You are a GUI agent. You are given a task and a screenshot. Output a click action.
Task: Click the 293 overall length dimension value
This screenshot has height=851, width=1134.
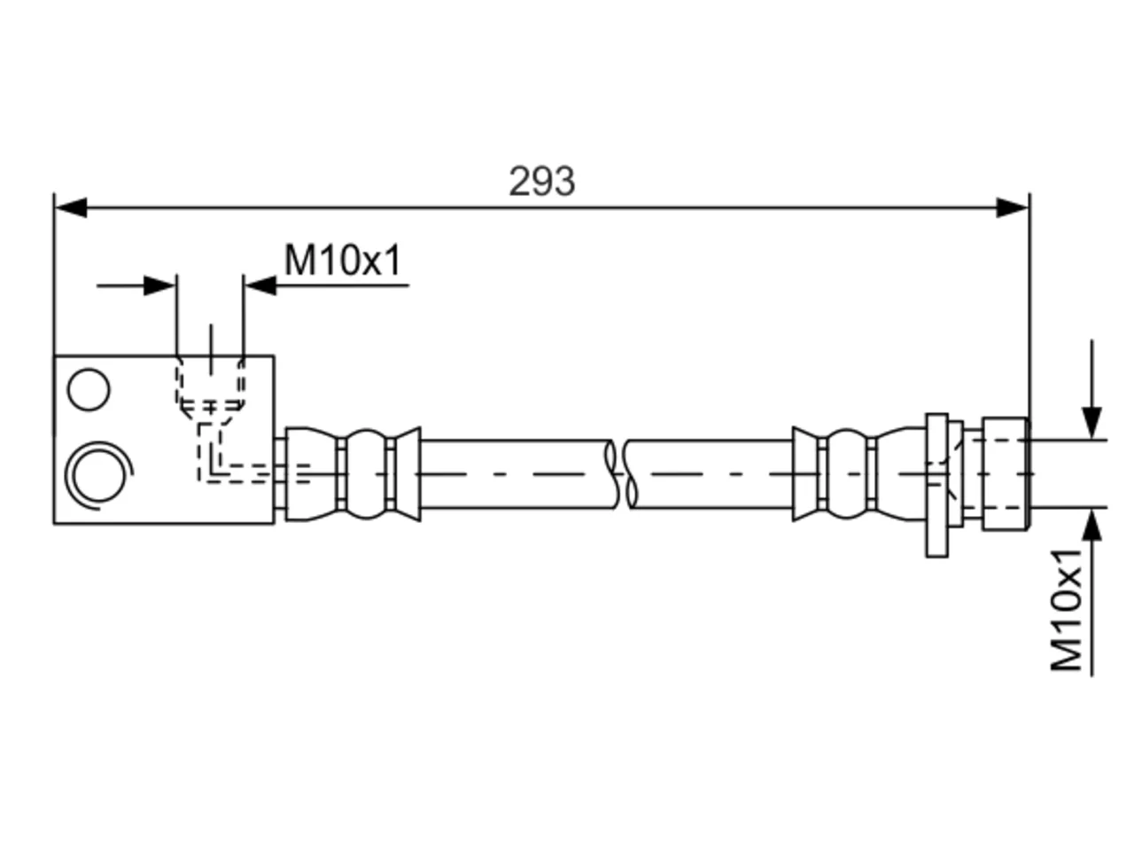click(x=541, y=182)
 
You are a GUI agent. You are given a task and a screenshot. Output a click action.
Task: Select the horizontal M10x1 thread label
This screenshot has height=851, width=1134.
click(x=343, y=260)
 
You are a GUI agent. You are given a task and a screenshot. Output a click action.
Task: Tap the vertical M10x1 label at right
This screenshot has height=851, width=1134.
click(x=1067, y=611)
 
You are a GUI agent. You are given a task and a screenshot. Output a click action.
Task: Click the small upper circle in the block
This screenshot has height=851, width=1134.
click(x=89, y=389)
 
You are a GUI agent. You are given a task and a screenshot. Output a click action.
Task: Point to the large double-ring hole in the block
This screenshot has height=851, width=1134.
click(x=98, y=475)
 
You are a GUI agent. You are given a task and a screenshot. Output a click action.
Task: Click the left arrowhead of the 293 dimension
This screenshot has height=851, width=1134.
click(x=71, y=207)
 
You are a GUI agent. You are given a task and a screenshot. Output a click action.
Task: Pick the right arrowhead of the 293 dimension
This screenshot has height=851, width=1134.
click(x=1012, y=207)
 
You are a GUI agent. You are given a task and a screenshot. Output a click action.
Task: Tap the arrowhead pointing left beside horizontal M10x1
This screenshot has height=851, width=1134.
click(x=260, y=285)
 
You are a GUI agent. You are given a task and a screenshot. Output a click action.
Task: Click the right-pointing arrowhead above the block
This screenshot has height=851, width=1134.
click(x=160, y=285)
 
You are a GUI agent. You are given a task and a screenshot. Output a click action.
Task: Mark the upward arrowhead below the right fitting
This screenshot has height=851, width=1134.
click(x=1091, y=525)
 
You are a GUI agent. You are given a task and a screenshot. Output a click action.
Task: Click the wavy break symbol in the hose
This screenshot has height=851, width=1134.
click(x=621, y=474)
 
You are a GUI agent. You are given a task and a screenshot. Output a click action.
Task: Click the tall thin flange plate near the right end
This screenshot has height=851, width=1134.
click(x=936, y=485)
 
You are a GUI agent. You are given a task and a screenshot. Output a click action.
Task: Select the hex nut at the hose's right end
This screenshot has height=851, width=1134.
click(x=1006, y=474)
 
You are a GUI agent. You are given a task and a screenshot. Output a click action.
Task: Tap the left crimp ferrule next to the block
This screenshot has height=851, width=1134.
click(x=353, y=473)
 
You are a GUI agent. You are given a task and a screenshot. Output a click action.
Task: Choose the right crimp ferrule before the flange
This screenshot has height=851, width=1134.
click(x=858, y=473)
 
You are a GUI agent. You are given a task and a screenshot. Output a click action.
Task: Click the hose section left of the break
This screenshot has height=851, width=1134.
click(x=517, y=474)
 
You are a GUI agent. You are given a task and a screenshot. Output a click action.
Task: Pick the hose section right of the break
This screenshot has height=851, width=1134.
click(x=711, y=474)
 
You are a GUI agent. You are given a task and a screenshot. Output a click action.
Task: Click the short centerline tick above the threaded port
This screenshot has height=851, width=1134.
click(x=211, y=349)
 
